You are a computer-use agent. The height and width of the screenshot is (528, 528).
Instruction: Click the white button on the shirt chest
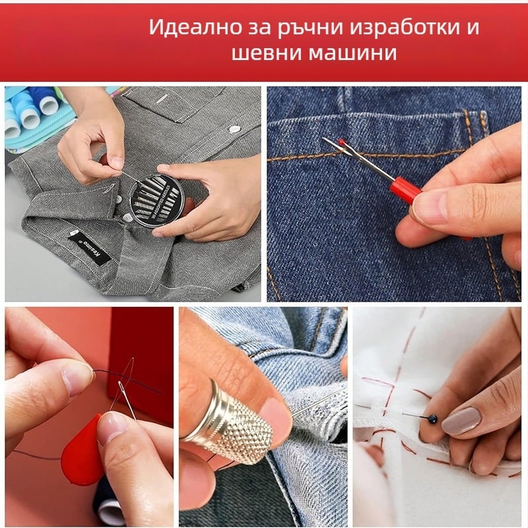232,128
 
